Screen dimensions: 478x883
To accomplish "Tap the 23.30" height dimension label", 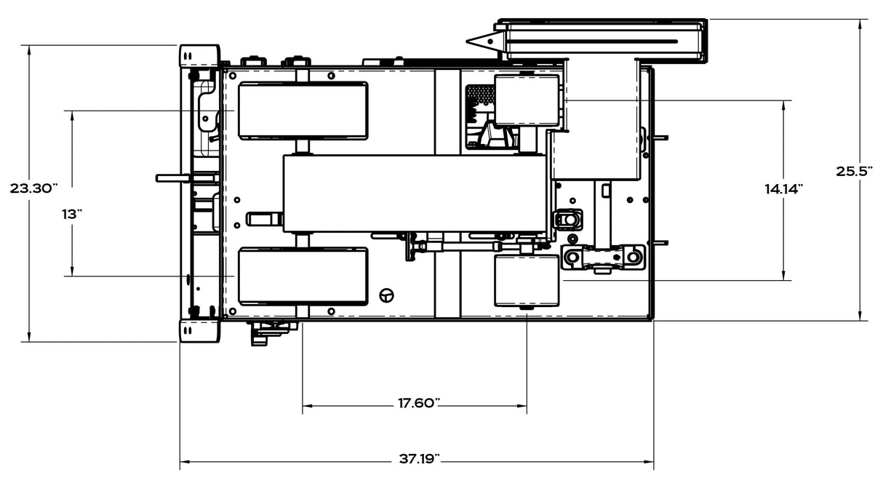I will click(x=33, y=188).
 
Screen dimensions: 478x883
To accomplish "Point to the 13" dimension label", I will click(x=71, y=214).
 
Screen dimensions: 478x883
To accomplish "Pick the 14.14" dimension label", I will click(x=783, y=189).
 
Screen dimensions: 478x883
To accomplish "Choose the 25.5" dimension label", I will click(x=854, y=171).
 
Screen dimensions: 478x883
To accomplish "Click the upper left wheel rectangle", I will click(x=303, y=111).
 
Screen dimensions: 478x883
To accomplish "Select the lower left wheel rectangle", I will click(x=303, y=276).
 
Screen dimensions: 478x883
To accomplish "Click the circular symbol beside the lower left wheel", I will click(x=387, y=295).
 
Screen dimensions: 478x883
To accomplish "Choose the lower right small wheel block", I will click(x=527, y=280).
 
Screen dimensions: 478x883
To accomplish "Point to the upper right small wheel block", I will click(x=527, y=100).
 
